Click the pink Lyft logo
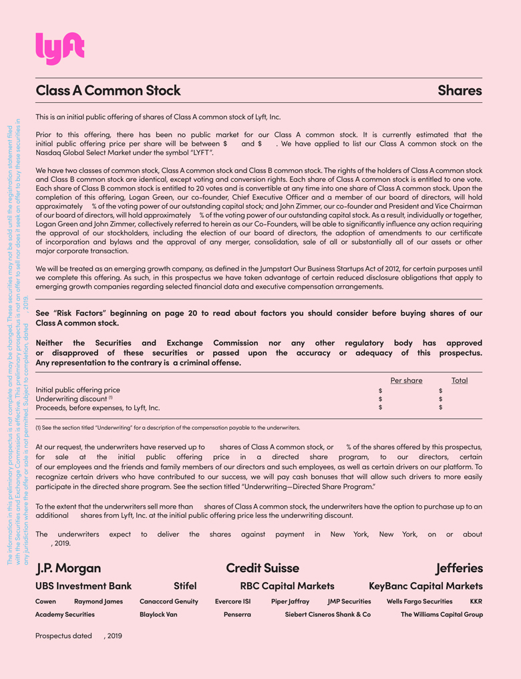(59, 49)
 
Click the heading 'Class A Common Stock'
(108, 90)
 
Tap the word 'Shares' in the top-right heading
(460, 90)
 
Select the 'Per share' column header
(406, 380)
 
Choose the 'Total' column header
(460, 380)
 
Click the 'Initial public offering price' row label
(78, 390)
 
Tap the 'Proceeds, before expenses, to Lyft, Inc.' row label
(98, 407)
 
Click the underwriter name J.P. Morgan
(68, 568)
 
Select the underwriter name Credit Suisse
(263, 568)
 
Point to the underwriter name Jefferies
(459, 568)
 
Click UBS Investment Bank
(83, 586)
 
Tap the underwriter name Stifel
(185, 586)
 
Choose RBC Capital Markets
(287, 586)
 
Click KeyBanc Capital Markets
(425, 586)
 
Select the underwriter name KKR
(476, 601)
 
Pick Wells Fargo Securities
(419, 601)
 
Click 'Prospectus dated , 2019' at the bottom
(79, 636)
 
